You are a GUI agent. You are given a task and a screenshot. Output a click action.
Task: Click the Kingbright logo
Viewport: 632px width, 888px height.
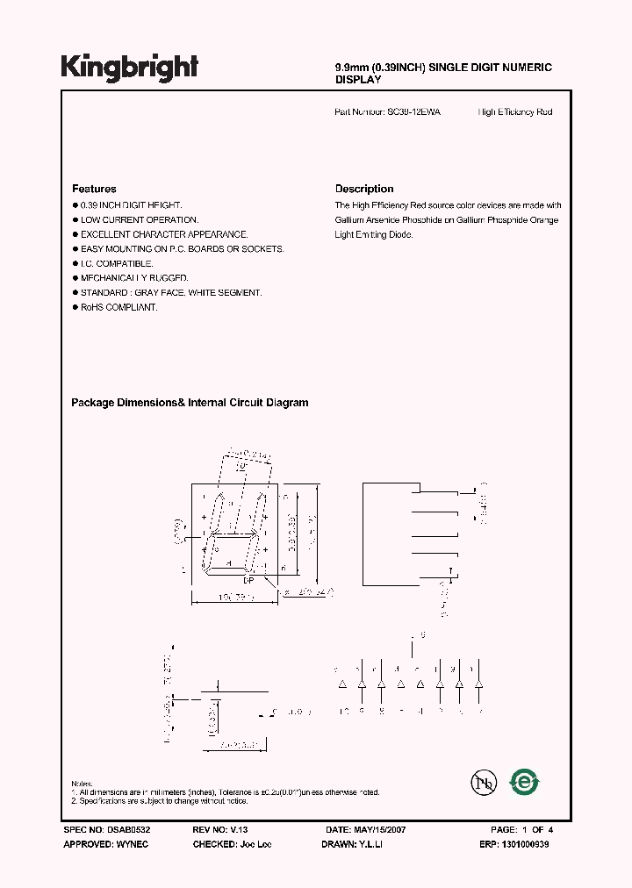click(x=129, y=67)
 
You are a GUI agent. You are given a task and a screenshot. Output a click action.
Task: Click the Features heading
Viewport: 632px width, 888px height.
click(x=94, y=189)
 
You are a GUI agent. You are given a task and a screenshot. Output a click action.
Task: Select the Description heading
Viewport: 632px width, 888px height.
click(x=364, y=189)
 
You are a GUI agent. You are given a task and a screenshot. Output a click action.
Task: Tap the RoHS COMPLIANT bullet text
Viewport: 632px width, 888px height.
click(x=118, y=307)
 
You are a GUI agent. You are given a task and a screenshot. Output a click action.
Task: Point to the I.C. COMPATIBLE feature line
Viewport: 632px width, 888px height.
click(x=117, y=263)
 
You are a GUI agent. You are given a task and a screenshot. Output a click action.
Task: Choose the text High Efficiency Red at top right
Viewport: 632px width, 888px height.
click(x=515, y=112)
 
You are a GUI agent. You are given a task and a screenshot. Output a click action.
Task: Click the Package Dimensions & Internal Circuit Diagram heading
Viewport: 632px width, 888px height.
click(x=190, y=403)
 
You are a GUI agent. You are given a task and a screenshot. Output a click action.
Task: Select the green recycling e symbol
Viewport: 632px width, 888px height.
click(x=525, y=780)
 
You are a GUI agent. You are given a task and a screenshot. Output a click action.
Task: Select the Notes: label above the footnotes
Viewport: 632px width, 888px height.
click(x=82, y=783)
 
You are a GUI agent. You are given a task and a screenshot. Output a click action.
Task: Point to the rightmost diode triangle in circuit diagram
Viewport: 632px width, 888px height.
click(x=478, y=684)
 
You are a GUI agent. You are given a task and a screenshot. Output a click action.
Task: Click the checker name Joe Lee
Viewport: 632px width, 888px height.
click(x=255, y=843)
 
